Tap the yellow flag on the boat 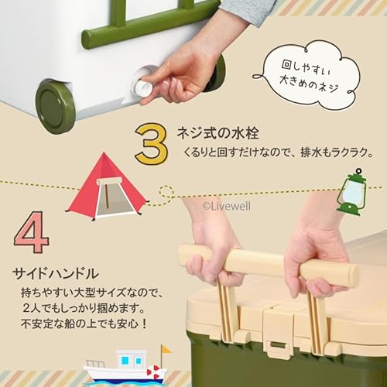click(x=166, y=349)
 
